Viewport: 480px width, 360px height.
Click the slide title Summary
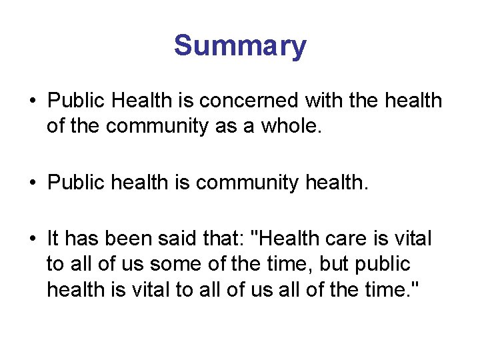click(x=240, y=47)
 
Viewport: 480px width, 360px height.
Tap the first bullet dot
click(x=31, y=101)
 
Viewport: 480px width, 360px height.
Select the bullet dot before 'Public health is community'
click(x=31, y=183)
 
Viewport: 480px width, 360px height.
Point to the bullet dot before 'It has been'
click(x=31, y=239)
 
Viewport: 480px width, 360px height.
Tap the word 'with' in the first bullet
click(x=325, y=101)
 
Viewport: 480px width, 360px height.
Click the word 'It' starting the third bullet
click(x=54, y=238)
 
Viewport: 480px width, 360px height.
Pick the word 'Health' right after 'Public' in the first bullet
click(x=143, y=101)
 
